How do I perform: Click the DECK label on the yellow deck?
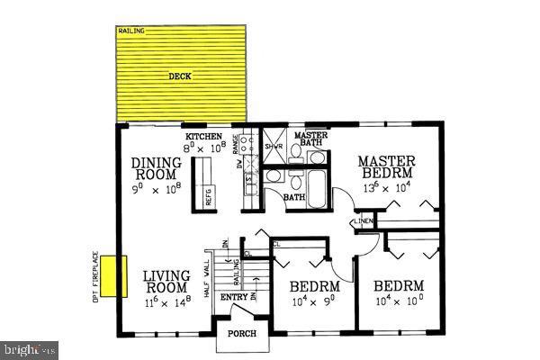pos(180,76)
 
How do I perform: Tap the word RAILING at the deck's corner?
pos(131,31)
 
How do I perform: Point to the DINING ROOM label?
pos(157,168)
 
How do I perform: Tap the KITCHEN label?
pos(203,137)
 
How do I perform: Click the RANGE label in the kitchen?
pos(236,142)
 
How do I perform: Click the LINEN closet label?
pos(363,220)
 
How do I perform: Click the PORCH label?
pos(240,334)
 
